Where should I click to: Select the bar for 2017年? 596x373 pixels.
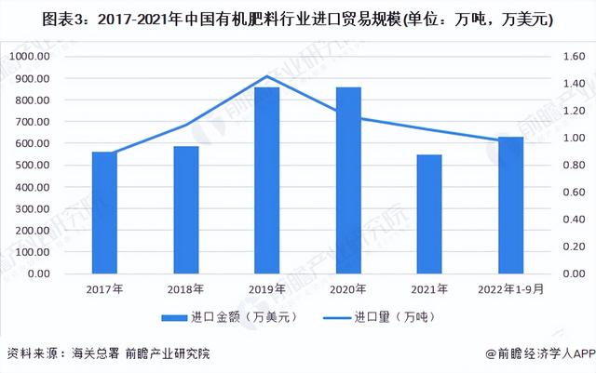click(104, 213)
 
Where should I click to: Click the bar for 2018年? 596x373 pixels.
click(185, 210)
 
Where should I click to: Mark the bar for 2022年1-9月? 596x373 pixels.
click(510, 206)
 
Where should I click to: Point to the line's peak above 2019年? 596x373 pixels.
click(266, 76)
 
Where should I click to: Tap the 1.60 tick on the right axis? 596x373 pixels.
click(564, 56)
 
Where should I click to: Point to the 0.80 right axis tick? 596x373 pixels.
click(564, 166)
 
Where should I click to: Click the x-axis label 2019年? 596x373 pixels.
click(266, 289)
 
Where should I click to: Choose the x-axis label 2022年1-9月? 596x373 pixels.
click(510, 289)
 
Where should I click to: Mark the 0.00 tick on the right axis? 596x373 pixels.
click(564, 274)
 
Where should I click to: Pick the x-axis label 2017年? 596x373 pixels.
click(104, 289)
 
